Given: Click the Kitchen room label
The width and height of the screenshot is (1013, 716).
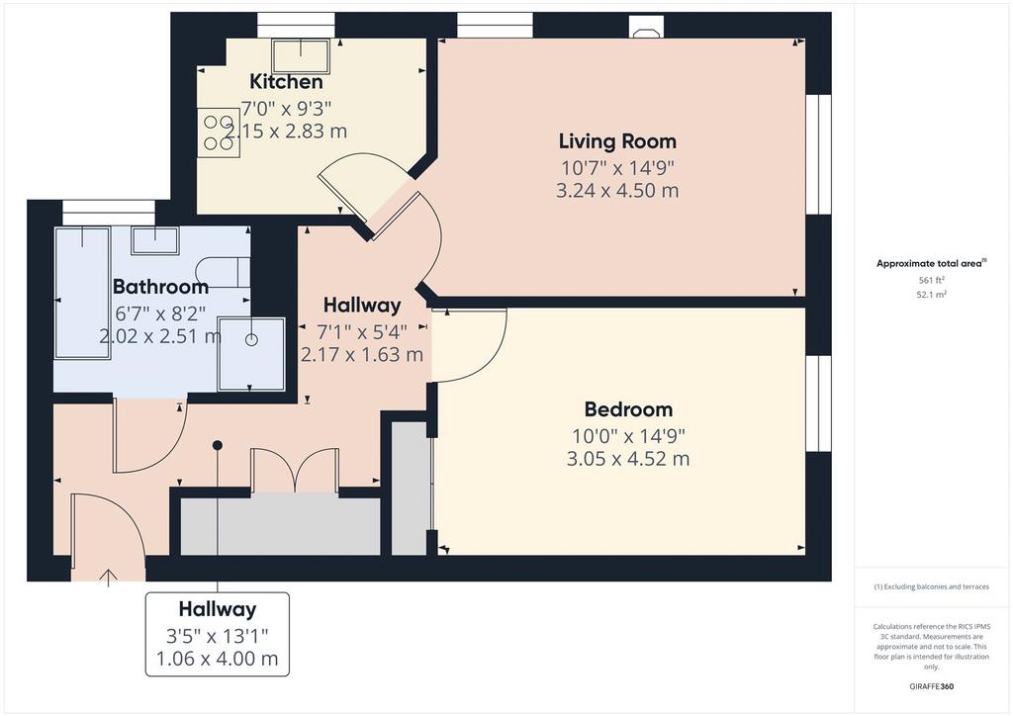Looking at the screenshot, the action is (286, 82).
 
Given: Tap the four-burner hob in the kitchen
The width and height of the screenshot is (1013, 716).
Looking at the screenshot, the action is (219, 133).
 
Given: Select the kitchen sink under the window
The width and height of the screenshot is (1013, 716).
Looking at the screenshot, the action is (301, 56).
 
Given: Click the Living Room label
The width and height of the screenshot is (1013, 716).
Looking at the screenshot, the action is (617, 140).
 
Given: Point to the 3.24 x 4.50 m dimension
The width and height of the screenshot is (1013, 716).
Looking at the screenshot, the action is (617, 191).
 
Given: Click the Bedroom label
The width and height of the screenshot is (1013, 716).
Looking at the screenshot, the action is (628, 408).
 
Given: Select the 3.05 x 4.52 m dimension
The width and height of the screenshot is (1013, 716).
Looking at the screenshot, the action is (628, 459).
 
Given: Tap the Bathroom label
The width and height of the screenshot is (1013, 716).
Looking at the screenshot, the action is (160, 286).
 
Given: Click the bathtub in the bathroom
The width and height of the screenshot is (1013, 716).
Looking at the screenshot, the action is (83, 292).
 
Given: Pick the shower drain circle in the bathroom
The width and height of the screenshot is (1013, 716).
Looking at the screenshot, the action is (251, 339).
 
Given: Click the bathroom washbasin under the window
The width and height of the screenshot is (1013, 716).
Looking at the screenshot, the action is (155, 241).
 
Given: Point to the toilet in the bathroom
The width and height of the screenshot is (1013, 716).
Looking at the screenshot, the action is (223, 272).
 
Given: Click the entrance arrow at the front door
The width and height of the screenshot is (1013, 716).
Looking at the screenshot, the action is (108, 578).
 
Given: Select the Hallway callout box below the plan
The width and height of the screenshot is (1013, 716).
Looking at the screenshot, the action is (217, 634).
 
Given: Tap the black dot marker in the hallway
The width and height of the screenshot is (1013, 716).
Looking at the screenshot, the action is (218, 445).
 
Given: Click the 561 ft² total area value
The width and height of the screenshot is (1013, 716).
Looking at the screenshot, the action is (932, 280).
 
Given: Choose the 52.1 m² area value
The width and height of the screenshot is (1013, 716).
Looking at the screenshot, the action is (932, 295).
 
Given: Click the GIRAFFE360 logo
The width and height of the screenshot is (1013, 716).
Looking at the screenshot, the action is (931, 686).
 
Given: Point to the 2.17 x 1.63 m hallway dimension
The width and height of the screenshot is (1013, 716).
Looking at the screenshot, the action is (362, 354).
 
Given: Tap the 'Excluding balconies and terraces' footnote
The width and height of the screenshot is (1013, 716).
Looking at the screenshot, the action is (931, 586).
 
